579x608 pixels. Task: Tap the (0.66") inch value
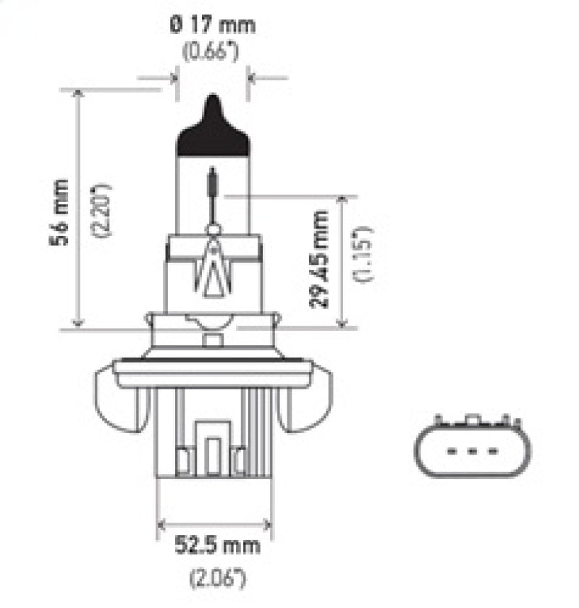tap(211, 54)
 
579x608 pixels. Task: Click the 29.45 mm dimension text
tap(319, 258)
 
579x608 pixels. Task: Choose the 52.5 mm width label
tap(214, 544)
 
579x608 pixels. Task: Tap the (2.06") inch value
tap(214, 578)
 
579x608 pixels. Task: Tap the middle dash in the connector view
tap(473, 450)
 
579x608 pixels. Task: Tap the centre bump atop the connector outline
tap(473, 420)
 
